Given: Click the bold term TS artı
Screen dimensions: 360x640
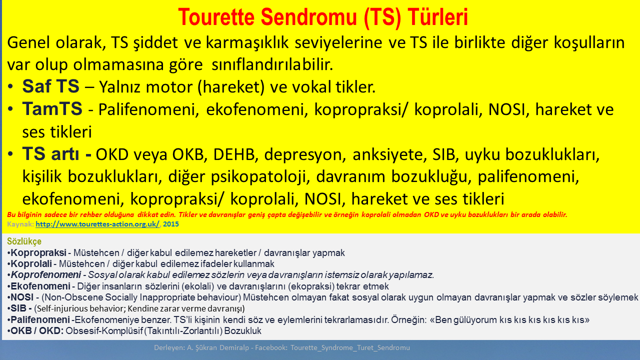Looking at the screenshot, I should click(x=56, y=154).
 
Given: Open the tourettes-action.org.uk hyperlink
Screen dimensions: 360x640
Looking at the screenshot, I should click(x=97, y=224).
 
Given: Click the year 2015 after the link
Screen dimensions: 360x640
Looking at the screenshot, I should click(x=170, y=224).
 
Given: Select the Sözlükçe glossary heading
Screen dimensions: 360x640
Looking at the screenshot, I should click(x=24, y=241).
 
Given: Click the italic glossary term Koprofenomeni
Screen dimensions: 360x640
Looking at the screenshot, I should click(x=46, y=275).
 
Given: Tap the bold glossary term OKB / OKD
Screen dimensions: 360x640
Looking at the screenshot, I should click(x=37, y=331).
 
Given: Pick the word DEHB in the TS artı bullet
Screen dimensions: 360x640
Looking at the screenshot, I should click(x=233, y=155).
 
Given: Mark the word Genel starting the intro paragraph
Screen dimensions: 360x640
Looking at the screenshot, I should click(x=26, y=43).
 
